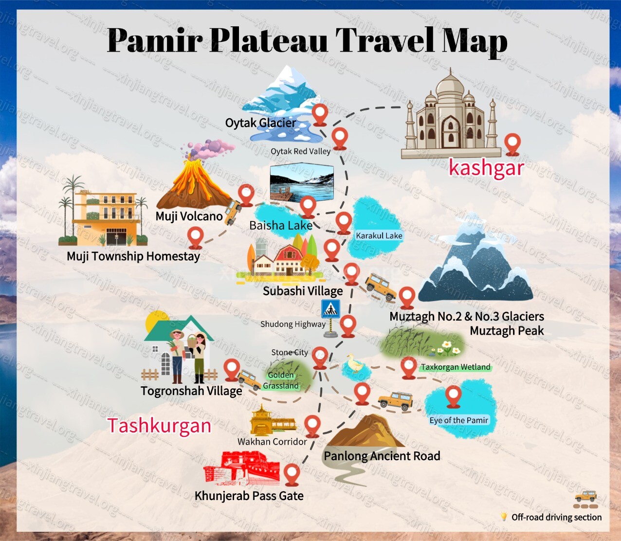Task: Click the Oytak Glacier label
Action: (260, 123)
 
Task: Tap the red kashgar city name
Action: (486, 168)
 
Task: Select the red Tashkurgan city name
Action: (159, 426)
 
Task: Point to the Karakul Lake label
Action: (379, 235)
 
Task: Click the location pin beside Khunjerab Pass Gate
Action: (292, 474)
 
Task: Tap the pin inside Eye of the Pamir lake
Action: (454, 396)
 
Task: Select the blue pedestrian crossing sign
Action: (330, 309)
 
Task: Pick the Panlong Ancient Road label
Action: (382, 456)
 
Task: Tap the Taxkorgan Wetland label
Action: (456, 367)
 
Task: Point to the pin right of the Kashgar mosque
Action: (512, 144)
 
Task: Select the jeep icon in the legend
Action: (585, 496)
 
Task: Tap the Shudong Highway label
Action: (292, 324)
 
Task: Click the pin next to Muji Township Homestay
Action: (195, 237)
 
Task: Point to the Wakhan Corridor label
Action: (272, 442)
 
